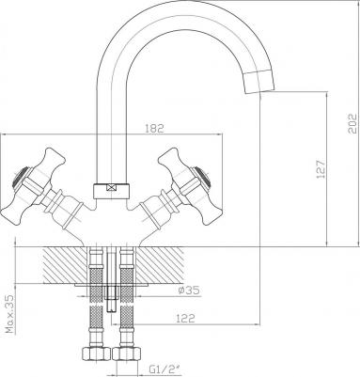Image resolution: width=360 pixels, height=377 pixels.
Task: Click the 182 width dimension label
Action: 154,128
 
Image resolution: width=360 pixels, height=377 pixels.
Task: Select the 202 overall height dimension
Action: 352,123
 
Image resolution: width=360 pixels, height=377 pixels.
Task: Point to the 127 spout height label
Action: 321,170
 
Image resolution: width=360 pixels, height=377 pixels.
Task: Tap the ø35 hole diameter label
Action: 189,291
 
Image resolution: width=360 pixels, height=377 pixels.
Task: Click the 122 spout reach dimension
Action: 185,318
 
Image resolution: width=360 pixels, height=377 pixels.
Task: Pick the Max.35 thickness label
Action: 10,314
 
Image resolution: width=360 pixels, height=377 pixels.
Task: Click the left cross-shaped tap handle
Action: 33,185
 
